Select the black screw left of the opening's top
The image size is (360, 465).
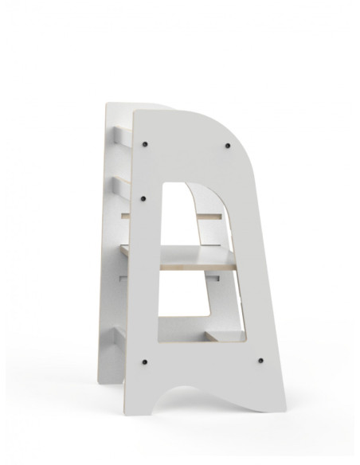click(x=143, y=198)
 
